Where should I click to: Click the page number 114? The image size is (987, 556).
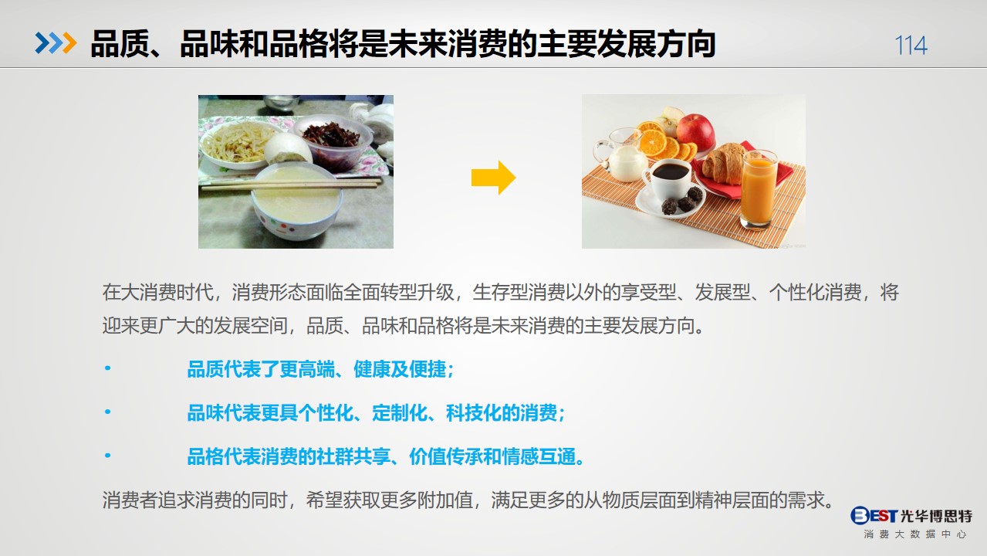point(911,45)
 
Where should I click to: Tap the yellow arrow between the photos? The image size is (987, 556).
point(494,178)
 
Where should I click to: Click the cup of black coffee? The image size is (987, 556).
point(669,178)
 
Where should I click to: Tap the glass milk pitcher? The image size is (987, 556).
point(621,155)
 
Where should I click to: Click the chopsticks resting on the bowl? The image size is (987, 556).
point(291,184)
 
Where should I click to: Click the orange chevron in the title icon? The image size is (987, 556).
point(69,43)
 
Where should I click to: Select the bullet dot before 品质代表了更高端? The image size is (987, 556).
point(107,368)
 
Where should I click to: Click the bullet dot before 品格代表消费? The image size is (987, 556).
point(107,455)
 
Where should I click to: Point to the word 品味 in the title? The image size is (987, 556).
point(209,44)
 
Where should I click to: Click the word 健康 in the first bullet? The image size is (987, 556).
point(372,369)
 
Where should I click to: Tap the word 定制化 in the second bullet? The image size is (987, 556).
point(400,413)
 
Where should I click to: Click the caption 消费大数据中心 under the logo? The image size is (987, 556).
point(914,534)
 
